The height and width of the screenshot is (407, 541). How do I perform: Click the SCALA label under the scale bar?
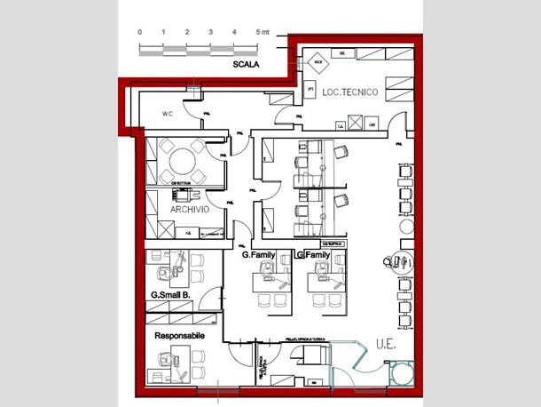(x=245, y=65)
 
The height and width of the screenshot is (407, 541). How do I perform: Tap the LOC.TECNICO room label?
(x=350, y=92)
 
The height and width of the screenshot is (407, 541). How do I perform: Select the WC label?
(x=167, y=113)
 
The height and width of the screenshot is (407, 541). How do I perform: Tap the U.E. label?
(x=385, y=342)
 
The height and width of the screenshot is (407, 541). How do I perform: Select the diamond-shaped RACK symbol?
(x=318, y=63)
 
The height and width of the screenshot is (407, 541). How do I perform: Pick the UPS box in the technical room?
(x=310, y=90)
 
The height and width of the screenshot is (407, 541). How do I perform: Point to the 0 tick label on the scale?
(x=139, y=32)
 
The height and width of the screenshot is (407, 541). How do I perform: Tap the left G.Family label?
(x=259, y=255)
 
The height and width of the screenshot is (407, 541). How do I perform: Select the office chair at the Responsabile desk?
(x=166, y=360)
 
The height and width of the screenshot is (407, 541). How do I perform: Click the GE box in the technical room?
(x=342, y=53)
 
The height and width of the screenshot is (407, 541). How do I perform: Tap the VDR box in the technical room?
(x=372, y=125)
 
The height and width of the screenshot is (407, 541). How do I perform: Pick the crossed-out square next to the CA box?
(x=352, y=122)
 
